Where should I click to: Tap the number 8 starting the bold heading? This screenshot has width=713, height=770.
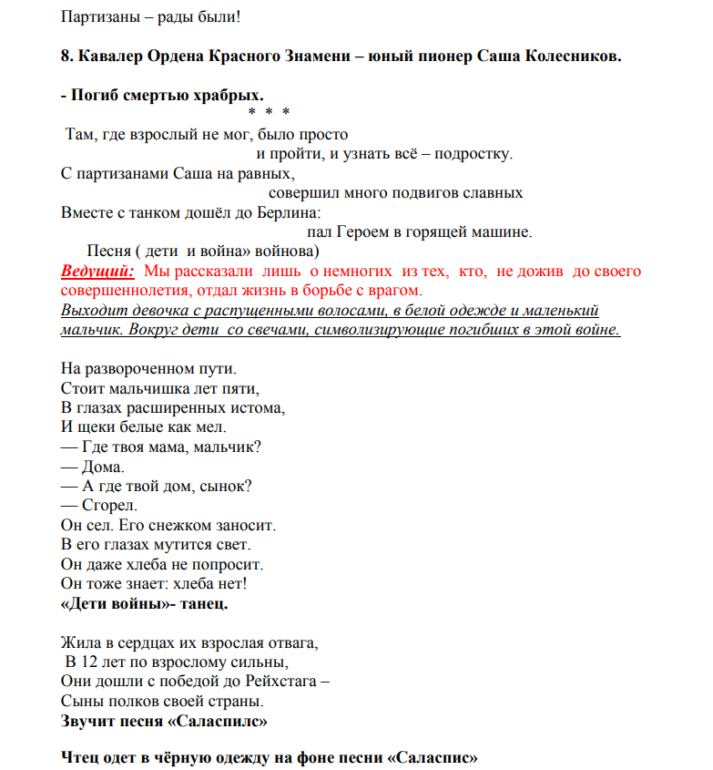66,56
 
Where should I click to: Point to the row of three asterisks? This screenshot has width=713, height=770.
269,112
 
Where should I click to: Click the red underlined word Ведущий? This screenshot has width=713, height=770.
97,272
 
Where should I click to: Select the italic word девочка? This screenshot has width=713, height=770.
152,310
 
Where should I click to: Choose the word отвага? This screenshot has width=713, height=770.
290,642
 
